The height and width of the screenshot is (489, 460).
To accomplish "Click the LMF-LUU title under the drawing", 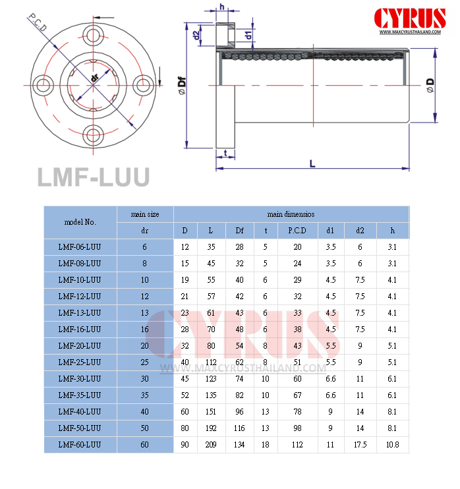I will click(x=93, y=177).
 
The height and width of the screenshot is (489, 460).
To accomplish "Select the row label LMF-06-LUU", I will click(x=79, y=246).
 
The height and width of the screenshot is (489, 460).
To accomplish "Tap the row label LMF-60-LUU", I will click(x=79, y=445).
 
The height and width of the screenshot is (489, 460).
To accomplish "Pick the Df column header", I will click(x=239, y=231).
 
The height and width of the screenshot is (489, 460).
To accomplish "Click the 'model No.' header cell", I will click(x=80, y=222).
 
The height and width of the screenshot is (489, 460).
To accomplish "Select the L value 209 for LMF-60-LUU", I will click(x=210, y=445).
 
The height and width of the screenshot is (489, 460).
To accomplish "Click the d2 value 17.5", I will click(x=360, y=445).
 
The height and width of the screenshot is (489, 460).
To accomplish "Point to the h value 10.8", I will click(x=392, y=445).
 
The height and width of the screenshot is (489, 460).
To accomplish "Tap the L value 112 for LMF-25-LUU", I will click(x=210, y=362).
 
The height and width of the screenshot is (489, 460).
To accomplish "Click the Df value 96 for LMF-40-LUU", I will click(x=239, y=411).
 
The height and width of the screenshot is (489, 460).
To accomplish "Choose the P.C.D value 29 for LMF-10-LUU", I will click(x=297, y=279).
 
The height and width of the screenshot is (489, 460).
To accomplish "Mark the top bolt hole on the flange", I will click(x=94, y=34).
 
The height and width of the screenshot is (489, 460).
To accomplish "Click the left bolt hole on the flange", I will click(x=45, y=85).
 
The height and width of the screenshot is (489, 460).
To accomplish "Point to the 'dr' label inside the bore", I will click(x=94, y=78).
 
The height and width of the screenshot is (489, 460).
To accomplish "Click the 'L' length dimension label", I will click(x=312, y=162).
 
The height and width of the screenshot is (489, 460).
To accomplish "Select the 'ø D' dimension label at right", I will click(x=429, y=85).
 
